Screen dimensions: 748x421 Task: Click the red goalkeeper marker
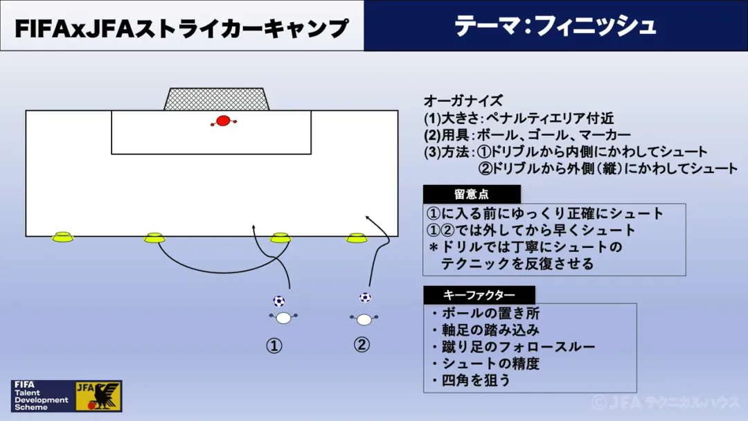click(222, 121)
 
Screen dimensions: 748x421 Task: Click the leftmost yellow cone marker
click(62, 237)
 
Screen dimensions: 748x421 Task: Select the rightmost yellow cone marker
click(357, 238)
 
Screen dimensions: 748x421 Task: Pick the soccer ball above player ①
click(278, 301)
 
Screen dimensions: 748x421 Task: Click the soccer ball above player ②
click(365, 297)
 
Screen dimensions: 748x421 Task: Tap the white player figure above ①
click(283, 318)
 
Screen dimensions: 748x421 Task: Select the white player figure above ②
click(364, 319)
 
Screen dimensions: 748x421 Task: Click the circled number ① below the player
click(274, 346)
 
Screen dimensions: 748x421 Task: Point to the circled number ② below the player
click(362, 344)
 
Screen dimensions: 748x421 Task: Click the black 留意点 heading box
click(471, 195)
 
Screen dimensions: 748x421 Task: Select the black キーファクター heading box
click(479, 295)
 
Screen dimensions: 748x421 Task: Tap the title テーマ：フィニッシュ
click(555, 26)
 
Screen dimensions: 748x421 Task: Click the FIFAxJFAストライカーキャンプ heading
click(181, 28)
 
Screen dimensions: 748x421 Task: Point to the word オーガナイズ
click(463, 101)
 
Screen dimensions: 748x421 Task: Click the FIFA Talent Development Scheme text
click(40, 396)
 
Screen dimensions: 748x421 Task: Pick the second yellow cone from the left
click(154, 238)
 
